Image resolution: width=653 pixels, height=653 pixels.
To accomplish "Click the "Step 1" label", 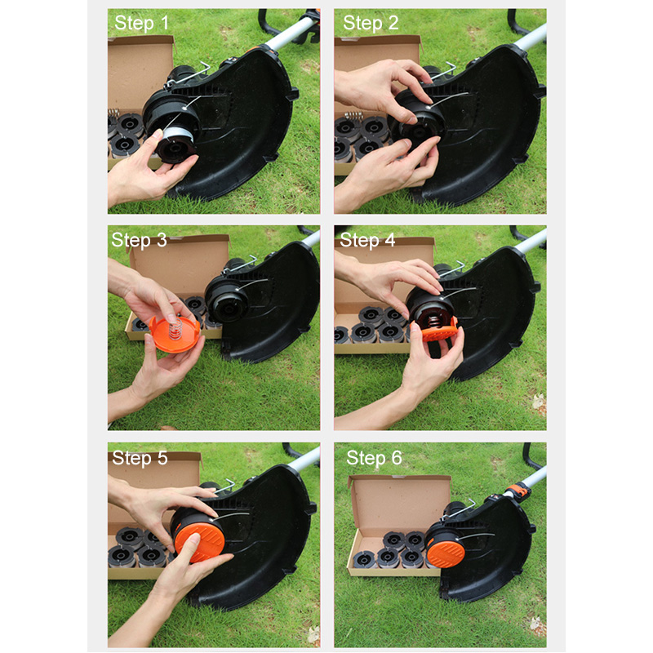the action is [x=141, y=23].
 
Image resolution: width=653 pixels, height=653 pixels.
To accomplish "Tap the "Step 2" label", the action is [x=371, y=23].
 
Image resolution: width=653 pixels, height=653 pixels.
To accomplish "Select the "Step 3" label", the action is [x=139, y=240].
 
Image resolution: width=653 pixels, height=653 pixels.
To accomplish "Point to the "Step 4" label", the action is [x=367, y=240].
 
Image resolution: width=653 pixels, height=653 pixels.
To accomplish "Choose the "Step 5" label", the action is [x=140, y=458].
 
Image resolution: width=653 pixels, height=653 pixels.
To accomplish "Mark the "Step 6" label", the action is [x=374, y=458].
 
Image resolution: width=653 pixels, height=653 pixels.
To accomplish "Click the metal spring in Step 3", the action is [x=175, y=327].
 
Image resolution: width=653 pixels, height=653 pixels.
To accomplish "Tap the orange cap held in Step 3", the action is [x=175, y=334].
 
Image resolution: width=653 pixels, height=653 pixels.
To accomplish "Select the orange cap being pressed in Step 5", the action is [x=199, y=542].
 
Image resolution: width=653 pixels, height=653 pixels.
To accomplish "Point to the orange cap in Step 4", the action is [x=434, y=331].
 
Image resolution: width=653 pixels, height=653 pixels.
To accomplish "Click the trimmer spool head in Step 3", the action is [x=226, y=299].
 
